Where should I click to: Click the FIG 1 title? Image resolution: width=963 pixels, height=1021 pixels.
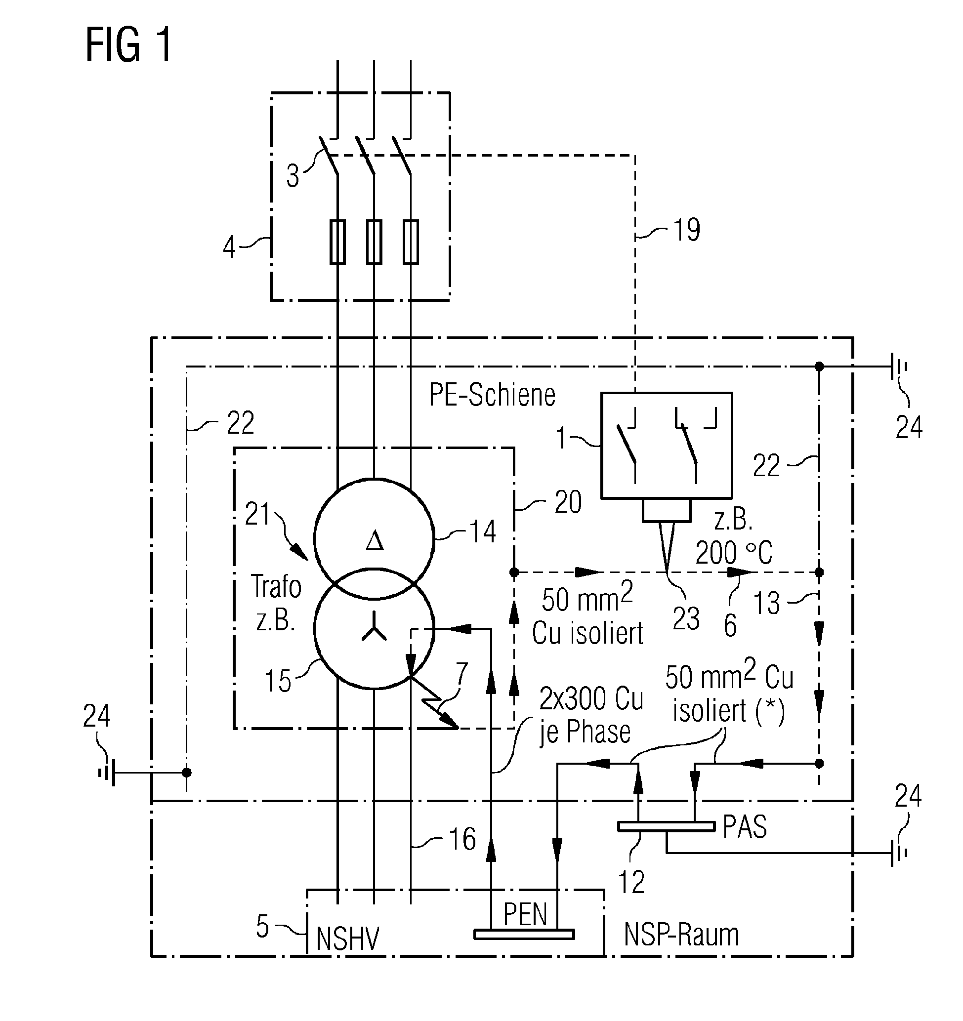[128, 46]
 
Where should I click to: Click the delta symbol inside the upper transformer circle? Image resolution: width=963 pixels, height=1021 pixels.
[375, 541]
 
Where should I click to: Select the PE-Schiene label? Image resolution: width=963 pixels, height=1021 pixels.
[492, 395]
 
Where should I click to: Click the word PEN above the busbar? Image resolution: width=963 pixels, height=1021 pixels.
[524, 914]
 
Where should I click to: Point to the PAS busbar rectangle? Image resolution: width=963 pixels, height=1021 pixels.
[666, 826]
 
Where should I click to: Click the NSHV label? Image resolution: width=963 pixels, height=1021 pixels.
[347, 939]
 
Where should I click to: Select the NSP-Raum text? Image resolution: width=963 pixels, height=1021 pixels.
[681, 934]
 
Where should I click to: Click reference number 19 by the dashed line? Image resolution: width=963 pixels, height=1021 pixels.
[686, 230]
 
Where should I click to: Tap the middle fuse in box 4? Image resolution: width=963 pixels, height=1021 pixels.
[374, 242]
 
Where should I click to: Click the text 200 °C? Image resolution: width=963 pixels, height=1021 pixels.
[733, 553]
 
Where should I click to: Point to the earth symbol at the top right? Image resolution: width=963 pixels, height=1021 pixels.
[898, 367]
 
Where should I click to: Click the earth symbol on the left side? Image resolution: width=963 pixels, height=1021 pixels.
[107, 773]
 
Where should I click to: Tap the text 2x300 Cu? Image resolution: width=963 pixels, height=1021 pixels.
[590, 699]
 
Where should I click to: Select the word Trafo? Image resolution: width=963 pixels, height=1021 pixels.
[276, 586]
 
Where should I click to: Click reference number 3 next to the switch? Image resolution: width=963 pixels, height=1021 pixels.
[293, 176]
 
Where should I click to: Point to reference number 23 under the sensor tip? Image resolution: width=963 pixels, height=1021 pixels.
[686, 618]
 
